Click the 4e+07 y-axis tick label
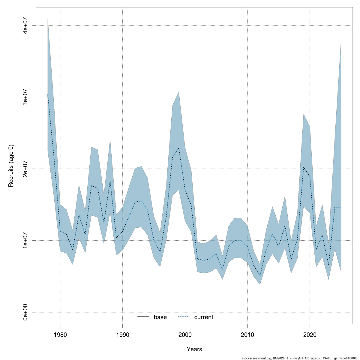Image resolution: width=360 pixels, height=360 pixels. tap(26, 25)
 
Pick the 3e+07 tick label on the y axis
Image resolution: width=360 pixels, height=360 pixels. tap(26, 97)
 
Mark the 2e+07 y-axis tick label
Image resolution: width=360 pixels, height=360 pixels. tap(26, 169)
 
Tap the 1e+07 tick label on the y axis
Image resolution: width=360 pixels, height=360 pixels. tap(26, 241)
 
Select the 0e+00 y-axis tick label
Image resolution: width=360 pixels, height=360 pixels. tap(26, 312)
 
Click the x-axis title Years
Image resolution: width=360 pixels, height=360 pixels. tap(194, 349)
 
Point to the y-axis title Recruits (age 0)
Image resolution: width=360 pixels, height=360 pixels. tap(11, 166)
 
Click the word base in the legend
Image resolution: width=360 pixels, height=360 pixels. tap(160, 317)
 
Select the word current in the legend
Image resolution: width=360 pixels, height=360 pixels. tap(204, 317)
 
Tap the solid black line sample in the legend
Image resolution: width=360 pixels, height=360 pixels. tap(143, 317)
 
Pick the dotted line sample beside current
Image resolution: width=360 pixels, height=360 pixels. tap(184, 317)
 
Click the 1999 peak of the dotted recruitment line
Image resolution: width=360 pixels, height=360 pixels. tap(179, 148)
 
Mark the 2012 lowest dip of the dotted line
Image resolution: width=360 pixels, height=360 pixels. tap(260, 276)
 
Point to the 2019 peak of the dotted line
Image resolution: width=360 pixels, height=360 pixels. tap(304, 167)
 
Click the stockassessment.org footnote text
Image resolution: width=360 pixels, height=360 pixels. tap(300, 358)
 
